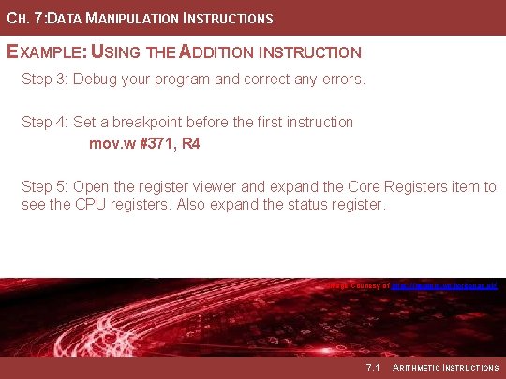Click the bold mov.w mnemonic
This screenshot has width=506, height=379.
[x=111, y=144]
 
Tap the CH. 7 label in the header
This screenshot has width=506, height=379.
[x=21, y=19]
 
